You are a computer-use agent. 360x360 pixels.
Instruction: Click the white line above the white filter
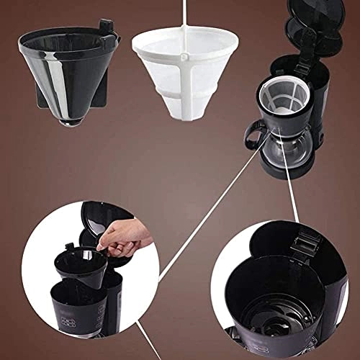(186, 14)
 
